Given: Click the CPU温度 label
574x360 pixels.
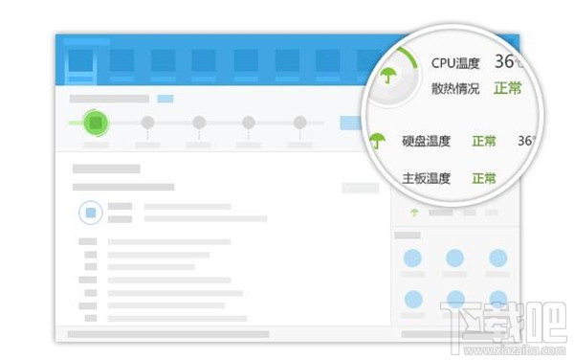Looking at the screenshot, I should (x=455, y=63).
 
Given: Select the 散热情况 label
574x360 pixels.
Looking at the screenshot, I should (x=455, y=88).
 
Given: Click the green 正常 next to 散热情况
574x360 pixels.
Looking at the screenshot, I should (x=508, y=88).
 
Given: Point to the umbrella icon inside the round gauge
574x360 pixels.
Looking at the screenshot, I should (x=387, y=76).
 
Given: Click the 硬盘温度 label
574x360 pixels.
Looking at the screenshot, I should (x=426, y=142).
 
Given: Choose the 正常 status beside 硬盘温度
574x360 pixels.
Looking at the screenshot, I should (x=484, y=142).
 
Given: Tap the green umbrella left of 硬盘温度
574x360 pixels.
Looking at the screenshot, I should (x=377, y=141).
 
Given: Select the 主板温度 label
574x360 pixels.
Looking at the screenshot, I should (x=426, y=178).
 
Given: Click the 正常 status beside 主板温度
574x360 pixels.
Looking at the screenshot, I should (x=484, y=178).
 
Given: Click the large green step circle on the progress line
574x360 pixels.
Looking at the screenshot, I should (x=94, y=123).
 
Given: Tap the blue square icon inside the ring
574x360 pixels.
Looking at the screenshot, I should (x=91, y=213).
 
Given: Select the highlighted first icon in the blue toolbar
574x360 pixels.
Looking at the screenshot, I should (x=80, y=61).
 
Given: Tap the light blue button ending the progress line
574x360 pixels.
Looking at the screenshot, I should (x=350, y=123).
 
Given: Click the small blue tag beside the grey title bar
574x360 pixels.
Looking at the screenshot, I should (x=166, y=99).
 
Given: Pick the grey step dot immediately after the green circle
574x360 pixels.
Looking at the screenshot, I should (x=147, y=123).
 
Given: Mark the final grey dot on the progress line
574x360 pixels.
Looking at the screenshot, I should (x=299, y=123).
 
